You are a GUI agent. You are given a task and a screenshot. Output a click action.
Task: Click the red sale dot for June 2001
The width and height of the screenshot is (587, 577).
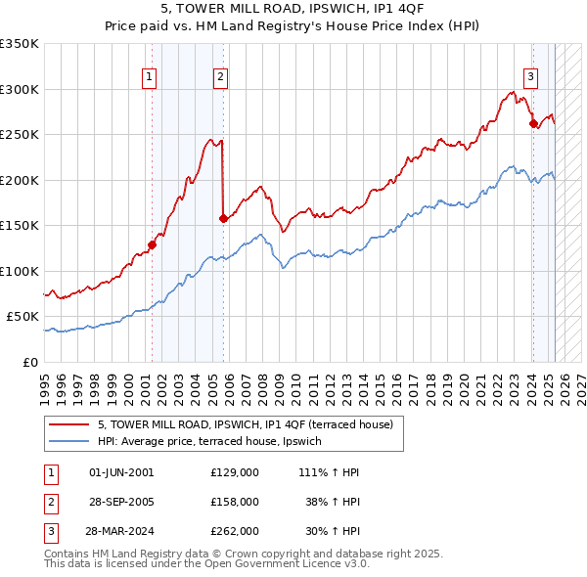click(x=153, y=244)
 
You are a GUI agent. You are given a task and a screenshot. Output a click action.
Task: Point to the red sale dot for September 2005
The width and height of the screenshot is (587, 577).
click(x=224, y=219)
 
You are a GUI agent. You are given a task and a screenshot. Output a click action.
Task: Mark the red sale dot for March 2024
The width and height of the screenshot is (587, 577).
click(x=533, y=124)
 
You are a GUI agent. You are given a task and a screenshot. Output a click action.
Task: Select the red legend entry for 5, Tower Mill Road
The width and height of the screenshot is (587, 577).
click(x=245, y=424)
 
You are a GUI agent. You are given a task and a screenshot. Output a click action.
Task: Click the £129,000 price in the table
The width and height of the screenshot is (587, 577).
click(x=235, y=472)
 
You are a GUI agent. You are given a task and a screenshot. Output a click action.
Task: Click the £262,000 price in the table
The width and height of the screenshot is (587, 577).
click(x=235, y=531)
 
